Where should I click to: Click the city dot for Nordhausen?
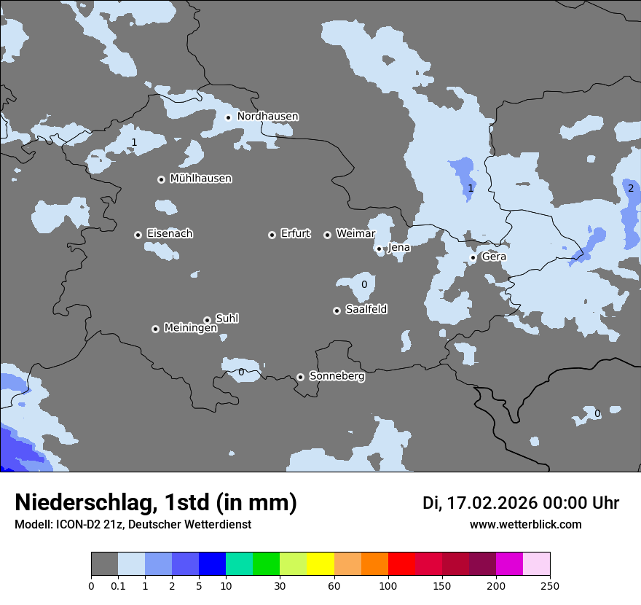pos(228,117)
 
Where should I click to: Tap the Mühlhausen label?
pos(200,179)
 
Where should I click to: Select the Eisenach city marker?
pos(138,235)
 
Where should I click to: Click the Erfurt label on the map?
pos(295,234)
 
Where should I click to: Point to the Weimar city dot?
pos(327,235)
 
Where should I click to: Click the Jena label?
pos(398,248)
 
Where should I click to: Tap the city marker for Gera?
pos(473,257)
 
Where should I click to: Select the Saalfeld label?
pos(366,310)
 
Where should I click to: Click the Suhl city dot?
pos(207,320)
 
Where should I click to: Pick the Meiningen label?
pos(190,329)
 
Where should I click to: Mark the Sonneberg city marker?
pos(300,377)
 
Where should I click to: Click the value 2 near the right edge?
pos(631,188)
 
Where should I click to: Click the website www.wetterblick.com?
pos(525,525)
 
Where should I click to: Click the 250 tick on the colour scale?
pos(550,585)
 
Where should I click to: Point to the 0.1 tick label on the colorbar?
pos(118,585)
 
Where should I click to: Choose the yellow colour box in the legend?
pos(320,563)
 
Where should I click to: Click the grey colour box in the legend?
pos(104,563)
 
